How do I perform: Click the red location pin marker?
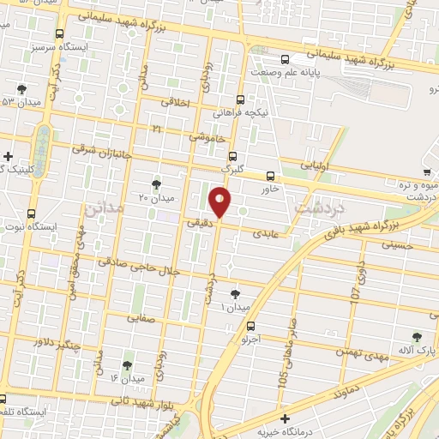pyautogui.click(x=221, y=203)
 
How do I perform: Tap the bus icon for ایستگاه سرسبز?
pyautogui.click(x=58, y=34)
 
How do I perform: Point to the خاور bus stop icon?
pyautogui.click(x=271, y=177)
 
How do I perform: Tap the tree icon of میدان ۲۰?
pyautogui.click(x=155, y=183)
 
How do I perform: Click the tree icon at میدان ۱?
pyautogui.click(x=236, y=294)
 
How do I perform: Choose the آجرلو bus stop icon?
pyautogui.click(x=250, y=326)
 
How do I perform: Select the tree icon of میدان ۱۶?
pyautogui.click(x=128, y=365)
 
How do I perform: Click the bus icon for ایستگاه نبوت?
pyautogui.click(x=32, y=213)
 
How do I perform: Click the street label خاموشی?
pyautogui.click(x=208, y=135)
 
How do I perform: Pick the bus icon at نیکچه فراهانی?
pyautogui.click(x=240, y=99)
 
